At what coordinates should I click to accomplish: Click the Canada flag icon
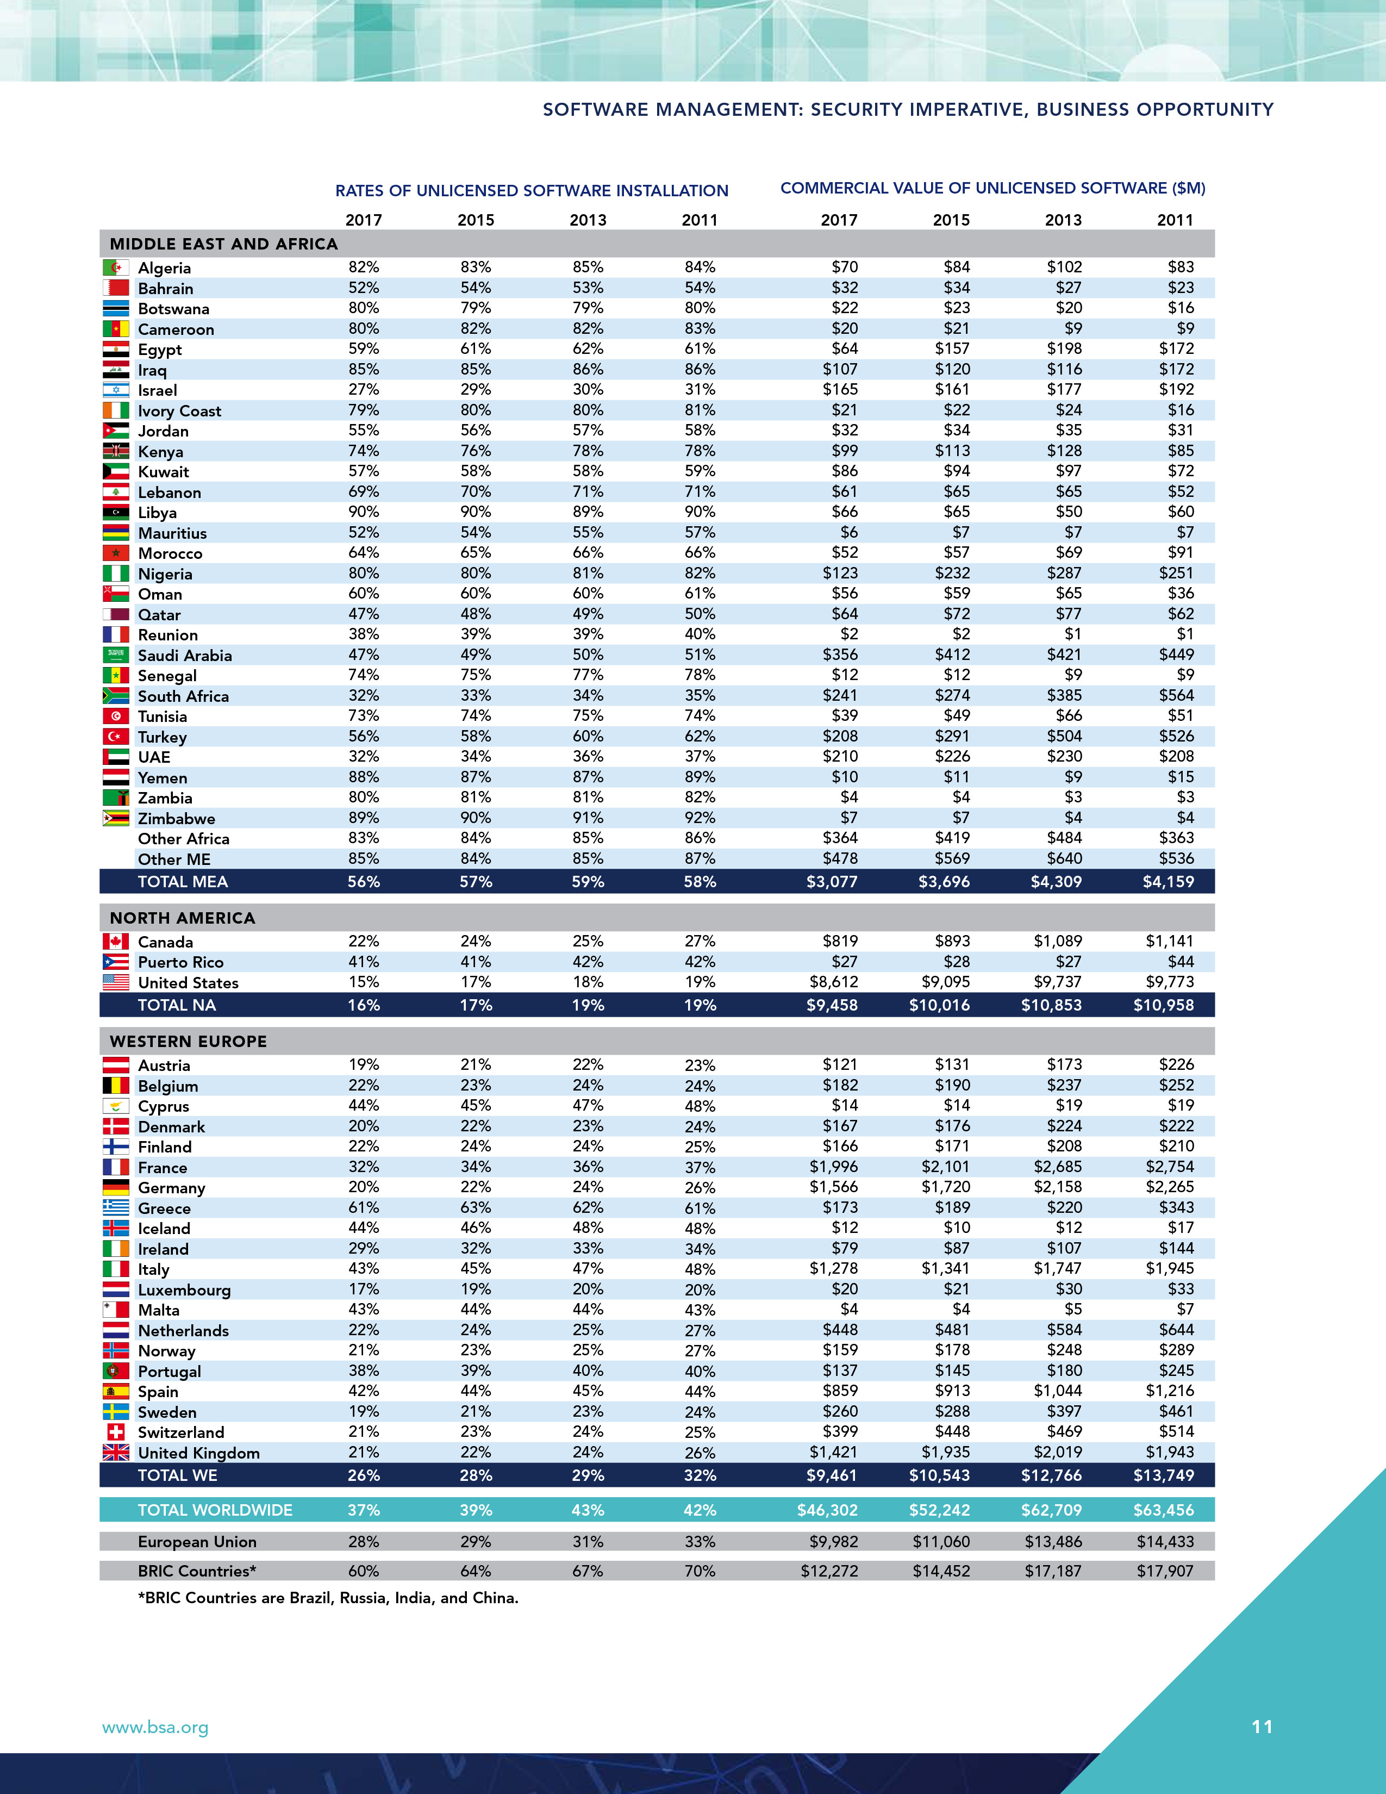tap(116, 942)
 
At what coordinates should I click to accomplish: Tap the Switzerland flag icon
tap(116, 1432)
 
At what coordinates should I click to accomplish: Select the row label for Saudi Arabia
tap(185, 656)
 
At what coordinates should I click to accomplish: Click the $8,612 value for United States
tap(833, 982)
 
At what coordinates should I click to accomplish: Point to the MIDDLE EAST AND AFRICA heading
tap(223, 244)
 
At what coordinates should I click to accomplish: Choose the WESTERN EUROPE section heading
tap(188, 1042)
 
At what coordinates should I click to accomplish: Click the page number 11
tap(1262, 1727)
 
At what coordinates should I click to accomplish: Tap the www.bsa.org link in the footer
tap(155, 1728)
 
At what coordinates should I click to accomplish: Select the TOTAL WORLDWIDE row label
tap(215, 1510)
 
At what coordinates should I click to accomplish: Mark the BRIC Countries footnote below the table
tap(328, 1598)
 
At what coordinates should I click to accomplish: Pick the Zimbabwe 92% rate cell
tap(700, 818)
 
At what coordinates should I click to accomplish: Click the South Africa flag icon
tap(116, 696)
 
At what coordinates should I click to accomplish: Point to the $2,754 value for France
tap(1170, 1167)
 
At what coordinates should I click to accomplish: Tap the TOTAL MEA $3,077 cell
tap(832, 881)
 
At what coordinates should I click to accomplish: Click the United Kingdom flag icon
tap(116, 1452)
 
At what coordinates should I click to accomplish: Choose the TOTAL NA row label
tap(177, 1005)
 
